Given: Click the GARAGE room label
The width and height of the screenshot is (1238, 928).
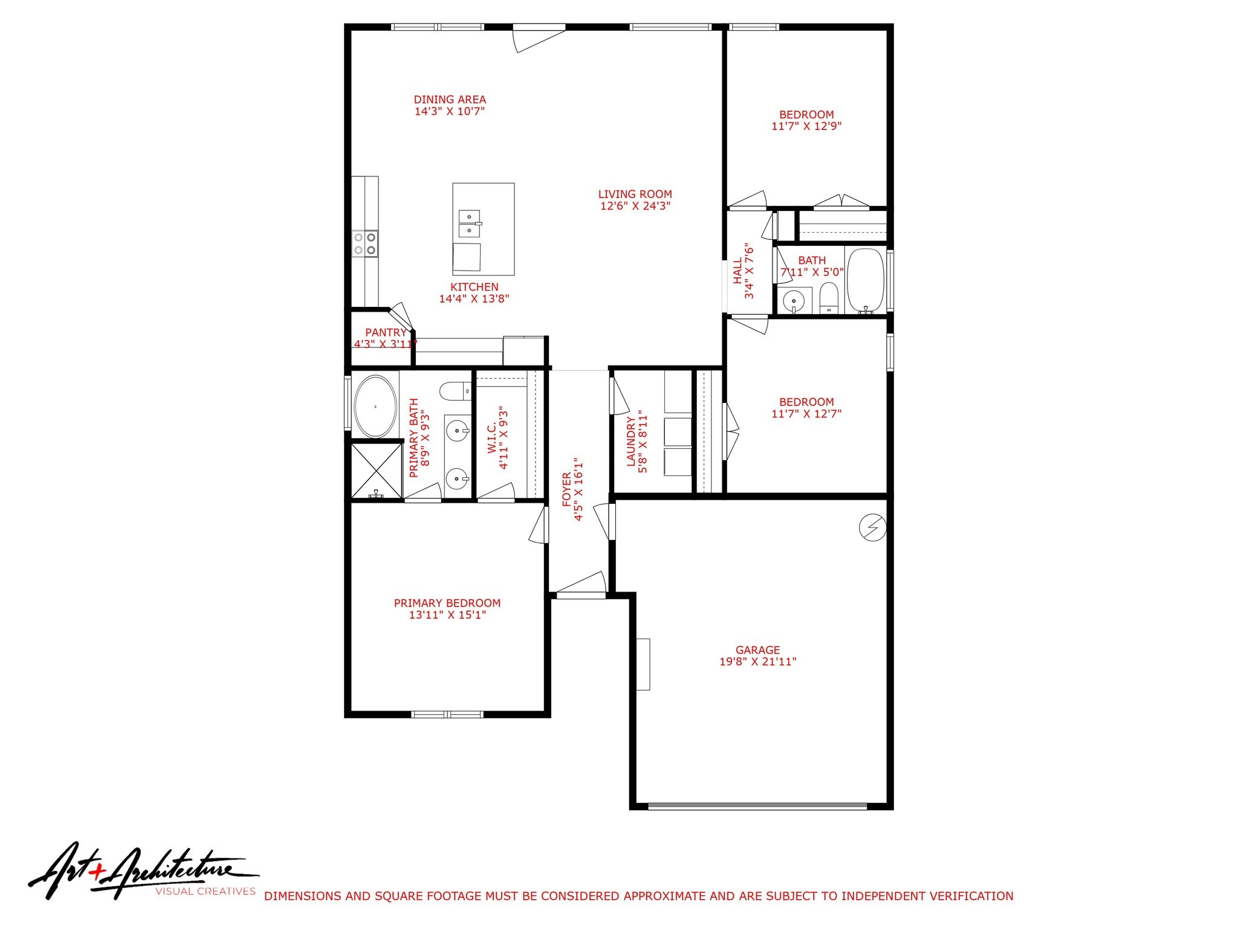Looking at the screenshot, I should point(757,650).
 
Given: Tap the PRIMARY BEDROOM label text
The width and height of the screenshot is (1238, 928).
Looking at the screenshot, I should point(447,603).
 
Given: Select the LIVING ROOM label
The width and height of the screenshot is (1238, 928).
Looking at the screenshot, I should point(635,194).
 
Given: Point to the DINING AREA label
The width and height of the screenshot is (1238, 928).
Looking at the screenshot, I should point(450,100).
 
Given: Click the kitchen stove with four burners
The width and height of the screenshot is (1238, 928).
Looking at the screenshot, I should point(365,243).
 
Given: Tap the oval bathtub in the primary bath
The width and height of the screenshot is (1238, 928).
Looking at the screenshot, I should point(375,407).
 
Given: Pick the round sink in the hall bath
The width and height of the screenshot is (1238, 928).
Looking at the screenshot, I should point(793,300).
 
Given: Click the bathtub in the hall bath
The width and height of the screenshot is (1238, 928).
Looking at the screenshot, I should point(866,280).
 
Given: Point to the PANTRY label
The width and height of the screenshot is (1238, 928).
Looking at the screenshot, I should point(386,332).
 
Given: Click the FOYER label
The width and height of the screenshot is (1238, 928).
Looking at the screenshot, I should point(567,489).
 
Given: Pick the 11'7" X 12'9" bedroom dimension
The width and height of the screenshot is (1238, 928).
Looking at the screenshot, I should point(806,126).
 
